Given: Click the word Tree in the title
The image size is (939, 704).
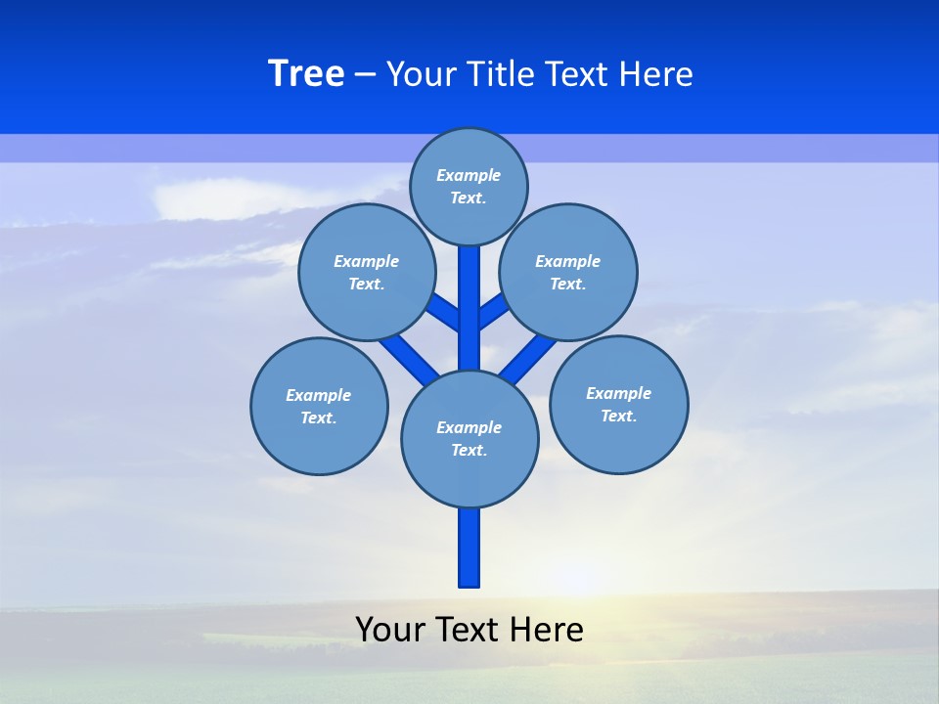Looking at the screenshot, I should [x=306, y=74].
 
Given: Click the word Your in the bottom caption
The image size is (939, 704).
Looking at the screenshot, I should [x=391, y=630].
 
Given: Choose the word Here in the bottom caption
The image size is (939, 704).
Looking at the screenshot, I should [x=548, y=630].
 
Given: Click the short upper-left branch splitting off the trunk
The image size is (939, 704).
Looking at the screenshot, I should [x=446, y=313].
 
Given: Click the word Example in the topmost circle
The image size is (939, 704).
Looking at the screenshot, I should [x=469, y=176].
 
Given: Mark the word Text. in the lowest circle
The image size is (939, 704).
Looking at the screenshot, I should [x=469, y=451].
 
